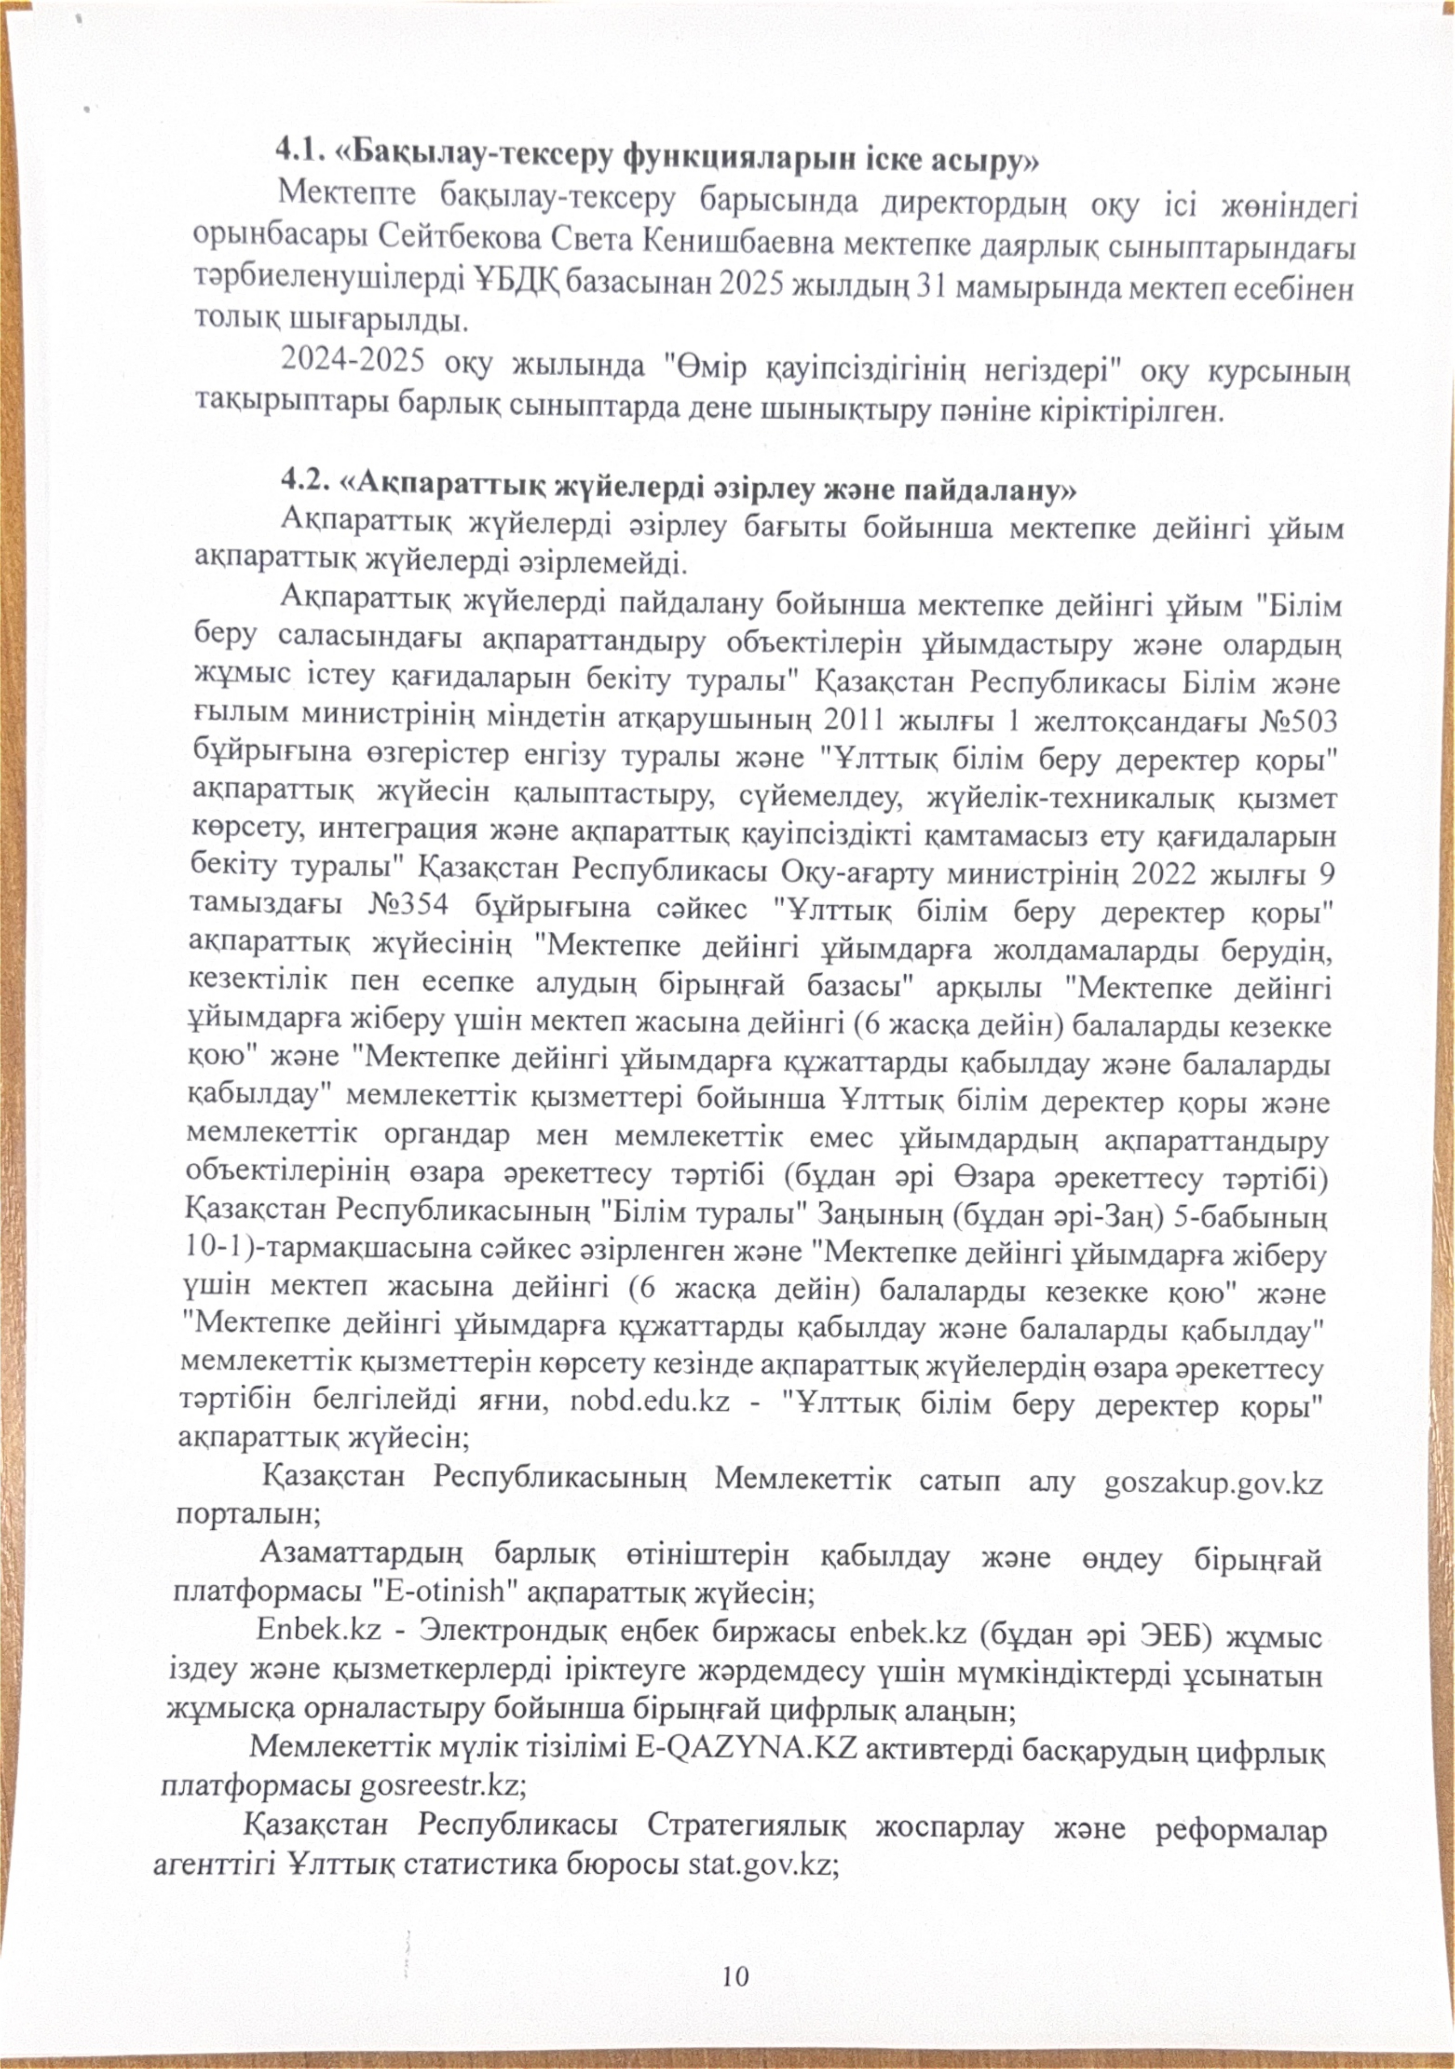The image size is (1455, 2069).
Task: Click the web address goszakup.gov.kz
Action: tap(1213, 1482)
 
